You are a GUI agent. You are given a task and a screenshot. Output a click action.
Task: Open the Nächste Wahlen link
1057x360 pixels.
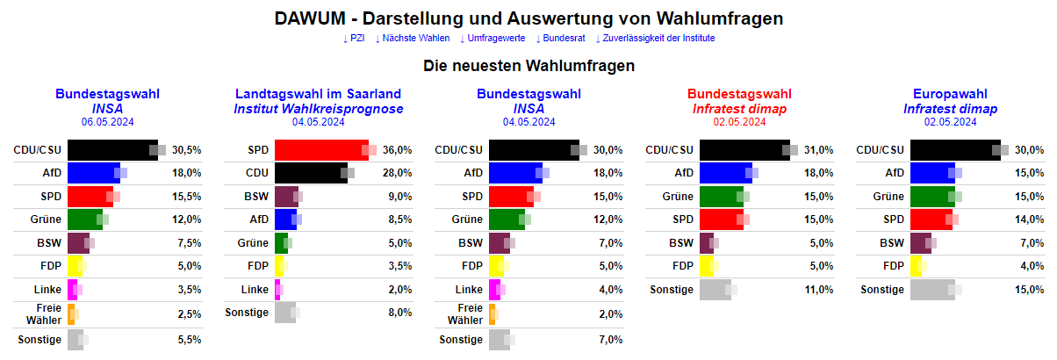pyautogui.click(x=412, y=39)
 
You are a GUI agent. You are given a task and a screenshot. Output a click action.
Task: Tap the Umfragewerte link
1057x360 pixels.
pyautogui.click(x=492, y=39)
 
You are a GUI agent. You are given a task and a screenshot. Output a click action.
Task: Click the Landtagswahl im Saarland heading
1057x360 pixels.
pyautogui.click(x=318, y=94)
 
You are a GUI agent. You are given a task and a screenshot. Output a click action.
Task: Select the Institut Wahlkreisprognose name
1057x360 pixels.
pyautogui.click(x=318, y=109)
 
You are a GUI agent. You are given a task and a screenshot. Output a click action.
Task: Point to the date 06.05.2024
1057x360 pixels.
pyautogui.click(x=107, y=122)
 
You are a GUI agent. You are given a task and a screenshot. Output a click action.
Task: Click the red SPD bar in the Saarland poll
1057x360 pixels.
pyautogui.click(x=321, y=150)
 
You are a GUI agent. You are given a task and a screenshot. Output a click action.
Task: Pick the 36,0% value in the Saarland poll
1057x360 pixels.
pyautogui.click(x=398, y=150)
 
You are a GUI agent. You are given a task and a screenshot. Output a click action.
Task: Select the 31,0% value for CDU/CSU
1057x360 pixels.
pyautogui.click(x=819, y=150)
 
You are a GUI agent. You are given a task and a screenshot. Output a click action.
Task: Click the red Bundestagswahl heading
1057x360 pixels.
pyautogui.click(x=739, y=94)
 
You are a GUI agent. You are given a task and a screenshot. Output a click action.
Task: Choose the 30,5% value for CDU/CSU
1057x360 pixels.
pyautogui.click(x=187, y=150)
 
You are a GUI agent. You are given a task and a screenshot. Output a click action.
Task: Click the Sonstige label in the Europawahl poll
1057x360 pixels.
pyautogui.click(x=881, y=290)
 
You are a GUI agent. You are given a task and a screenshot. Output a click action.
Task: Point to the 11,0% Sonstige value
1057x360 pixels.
pyautogui.click(x=819, y=290)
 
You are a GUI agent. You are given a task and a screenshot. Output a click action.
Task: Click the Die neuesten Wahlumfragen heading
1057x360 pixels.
pyautogui.click(x=528, y=66)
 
